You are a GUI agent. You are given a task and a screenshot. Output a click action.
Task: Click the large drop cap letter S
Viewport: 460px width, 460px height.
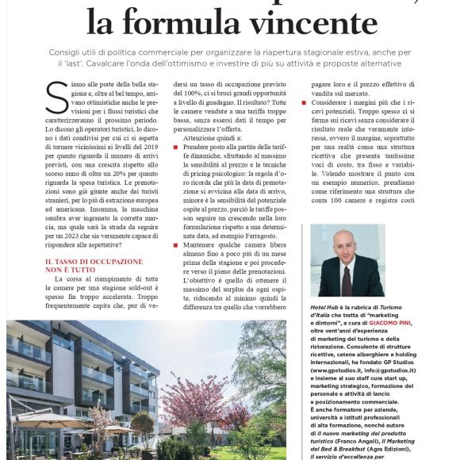coord(57,99)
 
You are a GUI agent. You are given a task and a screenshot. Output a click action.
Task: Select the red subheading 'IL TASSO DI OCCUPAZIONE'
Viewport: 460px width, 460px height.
coord(94,261)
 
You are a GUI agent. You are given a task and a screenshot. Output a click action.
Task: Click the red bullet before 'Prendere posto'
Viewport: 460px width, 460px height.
coord(177,148)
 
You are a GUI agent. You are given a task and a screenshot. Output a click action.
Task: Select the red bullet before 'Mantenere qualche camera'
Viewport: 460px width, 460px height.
coord(177,246)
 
